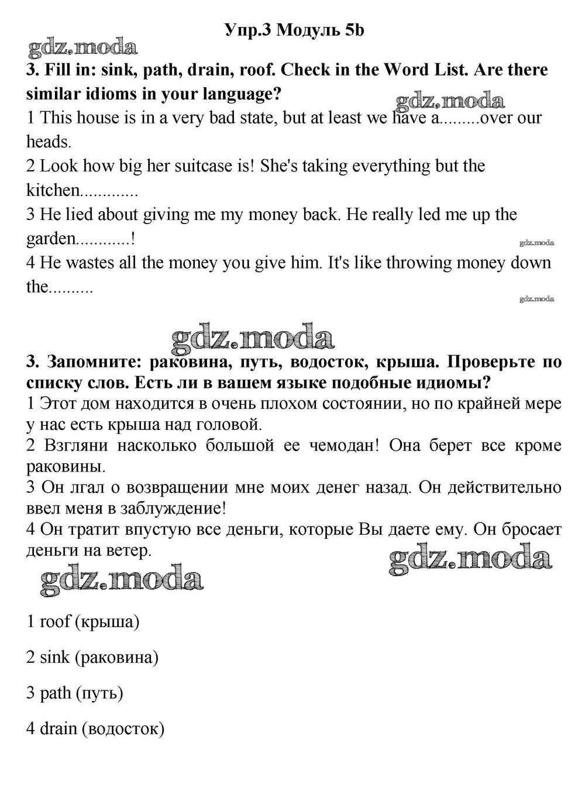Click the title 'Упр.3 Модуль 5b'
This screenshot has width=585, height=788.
294,29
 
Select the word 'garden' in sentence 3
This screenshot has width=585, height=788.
51,239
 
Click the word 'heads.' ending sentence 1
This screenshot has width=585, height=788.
49,142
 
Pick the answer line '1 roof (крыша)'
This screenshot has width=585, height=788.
83,621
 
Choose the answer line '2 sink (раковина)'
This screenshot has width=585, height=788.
92,657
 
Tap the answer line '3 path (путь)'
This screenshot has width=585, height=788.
75,693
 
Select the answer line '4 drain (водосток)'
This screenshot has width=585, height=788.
95,729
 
